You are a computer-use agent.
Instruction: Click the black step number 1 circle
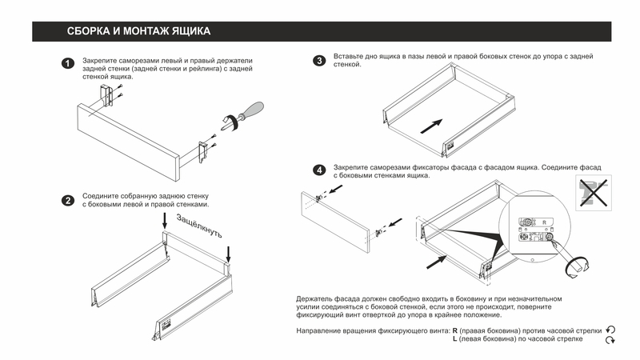coord(69,63)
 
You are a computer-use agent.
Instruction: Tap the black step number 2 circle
coord(69,199)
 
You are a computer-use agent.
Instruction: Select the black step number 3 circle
coord(319,60)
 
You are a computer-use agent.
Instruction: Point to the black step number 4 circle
coord(319,170)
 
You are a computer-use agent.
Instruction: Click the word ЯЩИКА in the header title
coord(186,32)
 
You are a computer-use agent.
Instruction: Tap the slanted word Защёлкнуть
coord(198,225)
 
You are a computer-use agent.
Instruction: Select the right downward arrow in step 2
coord(229,254)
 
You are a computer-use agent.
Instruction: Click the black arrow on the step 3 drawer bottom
coord(431,126)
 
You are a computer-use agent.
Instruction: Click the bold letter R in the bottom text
coord(454,330)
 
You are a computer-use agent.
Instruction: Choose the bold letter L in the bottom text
coord(454,340)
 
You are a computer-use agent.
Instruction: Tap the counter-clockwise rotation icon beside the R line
coord(610,330)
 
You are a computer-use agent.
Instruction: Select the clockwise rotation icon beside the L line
coord(610,341)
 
